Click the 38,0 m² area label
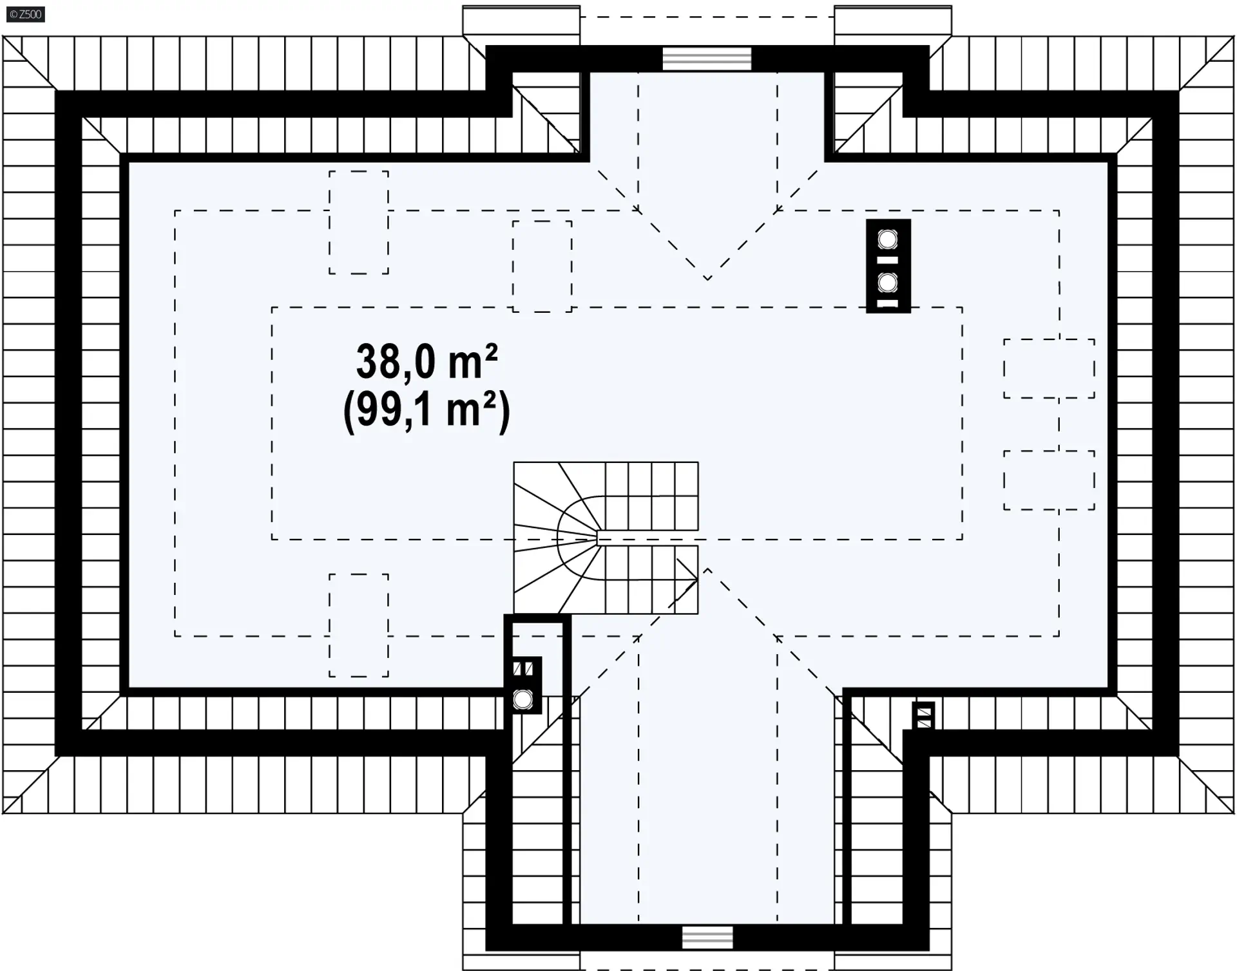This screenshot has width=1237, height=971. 427,361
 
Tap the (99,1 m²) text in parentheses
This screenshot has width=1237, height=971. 427,411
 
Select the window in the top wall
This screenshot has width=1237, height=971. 707,59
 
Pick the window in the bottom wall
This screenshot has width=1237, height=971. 707,938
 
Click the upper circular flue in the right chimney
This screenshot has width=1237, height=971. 888,240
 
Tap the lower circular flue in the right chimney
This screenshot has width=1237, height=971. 888,282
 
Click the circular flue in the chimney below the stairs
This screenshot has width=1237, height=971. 523,699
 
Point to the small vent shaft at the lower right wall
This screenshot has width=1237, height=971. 924,715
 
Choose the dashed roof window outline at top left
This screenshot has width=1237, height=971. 359,223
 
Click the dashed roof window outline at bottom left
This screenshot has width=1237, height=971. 359,625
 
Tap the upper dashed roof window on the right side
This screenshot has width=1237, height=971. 1049,368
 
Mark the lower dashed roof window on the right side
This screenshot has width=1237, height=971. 1049,480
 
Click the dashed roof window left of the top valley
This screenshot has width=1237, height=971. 542,267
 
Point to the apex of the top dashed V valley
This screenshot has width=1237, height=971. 707,279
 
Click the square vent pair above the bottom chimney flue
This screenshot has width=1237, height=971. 523,668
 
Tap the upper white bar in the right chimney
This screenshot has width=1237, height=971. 888,260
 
